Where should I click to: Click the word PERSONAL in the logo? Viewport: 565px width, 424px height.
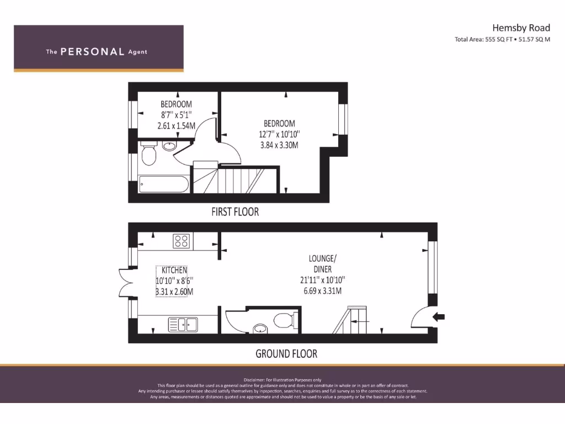92,52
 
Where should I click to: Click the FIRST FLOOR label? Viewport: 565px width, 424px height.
235,211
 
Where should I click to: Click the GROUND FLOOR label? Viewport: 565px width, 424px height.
286,353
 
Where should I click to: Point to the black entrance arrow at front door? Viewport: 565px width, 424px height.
439,316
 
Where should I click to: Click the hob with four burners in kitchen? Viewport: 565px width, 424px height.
182,241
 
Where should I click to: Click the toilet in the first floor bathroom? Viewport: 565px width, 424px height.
147,155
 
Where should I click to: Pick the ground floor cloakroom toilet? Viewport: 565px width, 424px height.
285,320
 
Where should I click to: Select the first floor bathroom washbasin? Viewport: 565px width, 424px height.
169,146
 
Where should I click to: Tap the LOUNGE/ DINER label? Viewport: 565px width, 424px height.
323,263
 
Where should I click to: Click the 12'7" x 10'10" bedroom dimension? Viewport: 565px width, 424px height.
279,134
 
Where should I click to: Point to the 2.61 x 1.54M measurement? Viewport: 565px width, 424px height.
176,125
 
